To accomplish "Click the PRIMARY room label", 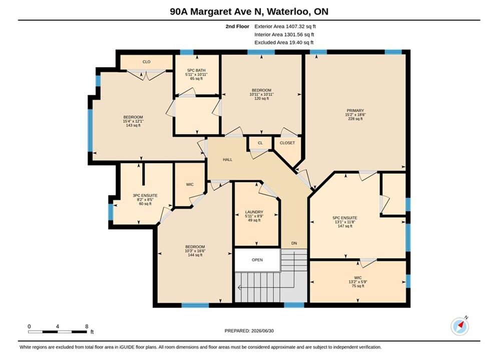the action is tap(355, 110).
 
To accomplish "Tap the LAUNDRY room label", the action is tap(254, 212).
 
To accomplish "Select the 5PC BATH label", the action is tap(196, 70).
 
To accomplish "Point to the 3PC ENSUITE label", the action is tap(145, 195).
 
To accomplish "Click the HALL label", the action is tap(227, 159).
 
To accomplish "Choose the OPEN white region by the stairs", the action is tap(257, 260).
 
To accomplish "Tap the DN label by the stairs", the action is tap(294, 243).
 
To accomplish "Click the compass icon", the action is tap(459, 325).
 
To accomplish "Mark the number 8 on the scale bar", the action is tap(87, 326).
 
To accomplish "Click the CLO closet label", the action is tap(147, 62).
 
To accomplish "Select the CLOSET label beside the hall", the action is tap(287, 142).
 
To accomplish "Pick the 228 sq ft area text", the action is tap(355, 118).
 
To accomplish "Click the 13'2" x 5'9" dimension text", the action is tap(358, 281).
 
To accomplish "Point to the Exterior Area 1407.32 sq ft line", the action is tap(285, 26).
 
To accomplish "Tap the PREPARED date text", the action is tap(249, 331).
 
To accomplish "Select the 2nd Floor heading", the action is tap(237, 26).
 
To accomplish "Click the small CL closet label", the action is tap(260, 143).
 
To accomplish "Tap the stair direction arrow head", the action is tap(239, 287).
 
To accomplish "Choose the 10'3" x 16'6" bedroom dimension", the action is tap(195, 251).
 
